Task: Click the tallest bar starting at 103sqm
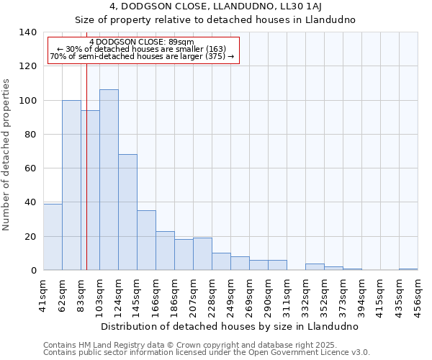point(109,180)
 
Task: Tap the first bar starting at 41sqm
point(53,237)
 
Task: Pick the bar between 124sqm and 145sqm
point(127,212)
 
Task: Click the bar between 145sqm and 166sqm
point(146,240)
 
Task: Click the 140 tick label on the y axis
point(27,32)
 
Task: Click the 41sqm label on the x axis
point(44,293)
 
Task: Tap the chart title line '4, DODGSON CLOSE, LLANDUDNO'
point(215,6)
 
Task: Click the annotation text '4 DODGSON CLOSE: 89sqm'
point(142,42)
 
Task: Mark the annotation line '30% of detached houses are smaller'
point(142,50)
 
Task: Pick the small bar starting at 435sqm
point(408,269)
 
